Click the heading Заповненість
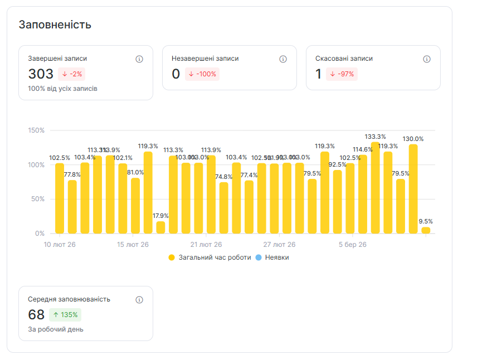coord(55,25)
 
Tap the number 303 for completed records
coord(41,74)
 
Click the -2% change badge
coord(71,74)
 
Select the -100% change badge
coord(202,74)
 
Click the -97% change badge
coord(342,74)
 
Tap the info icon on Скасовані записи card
coord(427,59)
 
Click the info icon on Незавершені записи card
coord(283,59)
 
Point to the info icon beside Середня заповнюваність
coord(139,300)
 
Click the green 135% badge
coord(65,315)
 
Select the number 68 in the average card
coord(36,315)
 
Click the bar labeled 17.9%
coord(160,227)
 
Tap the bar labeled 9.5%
coord(426,230)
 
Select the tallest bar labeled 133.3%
coord(376,188)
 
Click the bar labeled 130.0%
coord(413,189)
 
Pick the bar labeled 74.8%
coord(224,208)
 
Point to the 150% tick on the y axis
coord(36,130)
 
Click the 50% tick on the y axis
coord(37,199)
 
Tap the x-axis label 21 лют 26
coord(206,245)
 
